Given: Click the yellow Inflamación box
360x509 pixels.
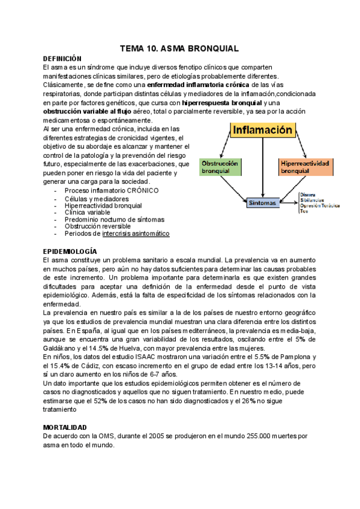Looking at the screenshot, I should coord(262,129).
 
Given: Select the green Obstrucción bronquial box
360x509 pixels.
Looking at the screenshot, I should coord(220,166).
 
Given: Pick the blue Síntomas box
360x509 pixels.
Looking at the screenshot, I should coord(263,202).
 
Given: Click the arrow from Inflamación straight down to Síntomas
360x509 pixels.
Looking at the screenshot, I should coord(263,168).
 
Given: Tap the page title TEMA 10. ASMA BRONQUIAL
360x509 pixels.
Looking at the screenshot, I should coord(179,47).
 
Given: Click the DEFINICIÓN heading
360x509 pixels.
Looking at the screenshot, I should coord(62,59).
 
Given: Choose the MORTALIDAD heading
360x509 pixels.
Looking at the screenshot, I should coord(65,427).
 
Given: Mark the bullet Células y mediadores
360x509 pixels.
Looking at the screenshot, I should coord(97,198).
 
